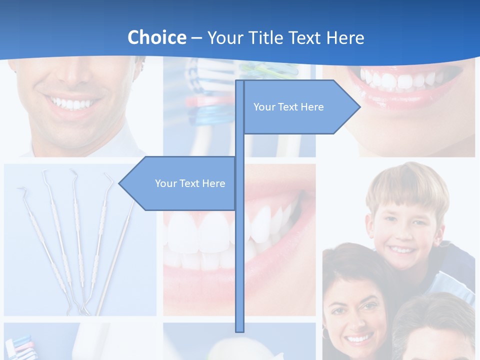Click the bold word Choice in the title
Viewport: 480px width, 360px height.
point(156,37)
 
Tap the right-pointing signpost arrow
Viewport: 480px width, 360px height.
point(300,107)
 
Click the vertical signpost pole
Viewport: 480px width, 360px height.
point(239,250)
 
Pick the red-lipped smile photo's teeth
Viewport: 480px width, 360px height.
point(400,79)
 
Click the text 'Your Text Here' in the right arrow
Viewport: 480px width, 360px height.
point(288,107)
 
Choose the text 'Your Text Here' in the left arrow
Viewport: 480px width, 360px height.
point(190,183)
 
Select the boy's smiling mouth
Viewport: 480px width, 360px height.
point(402,248)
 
